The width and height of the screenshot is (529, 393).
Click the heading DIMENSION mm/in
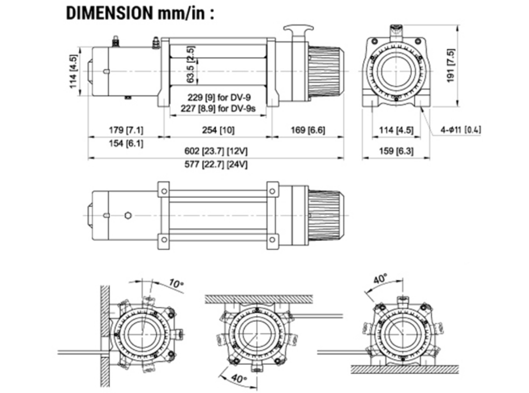[140, 13]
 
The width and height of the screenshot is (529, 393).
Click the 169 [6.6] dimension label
[307, 130]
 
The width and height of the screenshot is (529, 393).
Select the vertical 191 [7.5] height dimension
[451, 65]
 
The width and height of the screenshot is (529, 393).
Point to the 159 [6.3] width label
[396, 151]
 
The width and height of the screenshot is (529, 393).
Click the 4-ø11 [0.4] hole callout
[460, 130]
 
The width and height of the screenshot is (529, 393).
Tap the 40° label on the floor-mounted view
[380, 279]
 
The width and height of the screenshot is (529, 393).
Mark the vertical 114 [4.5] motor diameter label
[74, 71]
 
